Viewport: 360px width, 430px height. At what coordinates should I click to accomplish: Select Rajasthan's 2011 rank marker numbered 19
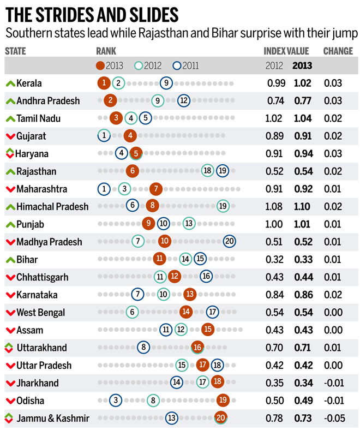[x=222, y=171]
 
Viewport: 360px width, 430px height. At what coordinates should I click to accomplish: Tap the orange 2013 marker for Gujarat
[x=129, y=136]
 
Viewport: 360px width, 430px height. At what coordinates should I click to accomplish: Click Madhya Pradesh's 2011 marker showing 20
[x=230, y=242]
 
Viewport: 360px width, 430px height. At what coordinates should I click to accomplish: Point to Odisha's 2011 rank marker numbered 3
[x=115, y=401]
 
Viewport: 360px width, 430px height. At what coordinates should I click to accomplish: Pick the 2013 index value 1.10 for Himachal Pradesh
[x=303, y=207]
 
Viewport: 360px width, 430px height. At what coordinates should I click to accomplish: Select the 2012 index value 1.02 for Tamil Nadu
[x=274, y=118]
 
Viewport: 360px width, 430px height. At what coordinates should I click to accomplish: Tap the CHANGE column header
[x=338, y=51]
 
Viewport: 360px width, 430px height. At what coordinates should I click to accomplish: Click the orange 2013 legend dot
[x=100, y=66]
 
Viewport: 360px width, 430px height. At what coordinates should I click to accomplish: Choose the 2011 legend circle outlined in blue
[x=176, y=66]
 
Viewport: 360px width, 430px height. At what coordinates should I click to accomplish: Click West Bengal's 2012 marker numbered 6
[x=131, y=312]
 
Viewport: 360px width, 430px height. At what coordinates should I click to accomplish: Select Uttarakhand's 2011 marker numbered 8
[x=143, y=348]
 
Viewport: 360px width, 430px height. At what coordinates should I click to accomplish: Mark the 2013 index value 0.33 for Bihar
[x=303, y=259]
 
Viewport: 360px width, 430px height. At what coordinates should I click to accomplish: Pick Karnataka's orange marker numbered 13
[x=190, y=295]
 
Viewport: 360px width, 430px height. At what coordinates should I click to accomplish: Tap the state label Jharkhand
[x=37, y=383]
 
